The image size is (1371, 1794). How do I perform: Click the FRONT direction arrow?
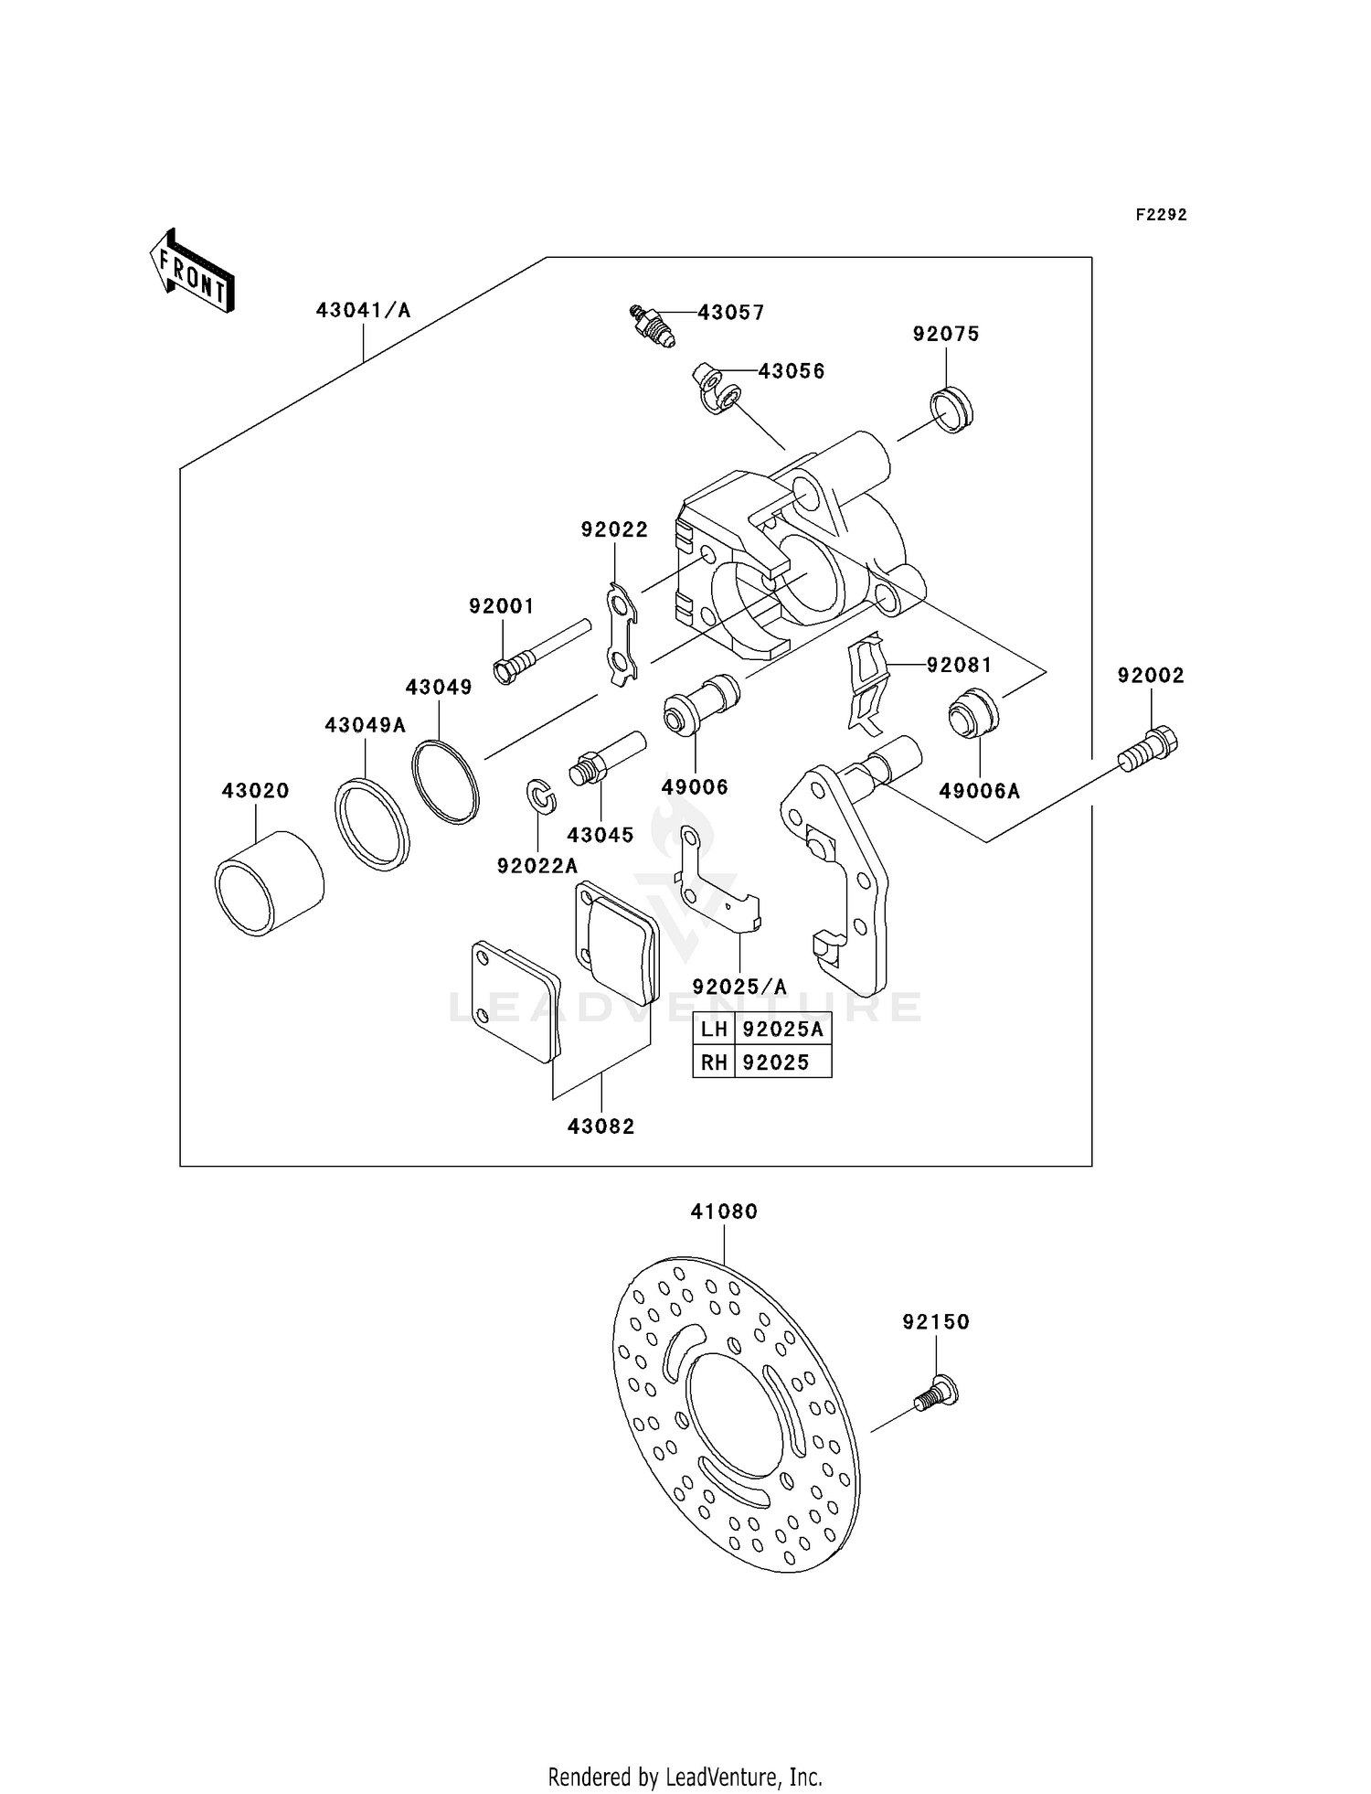click(x=193, y=272)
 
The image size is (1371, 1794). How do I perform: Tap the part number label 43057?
click(x=730, y=313)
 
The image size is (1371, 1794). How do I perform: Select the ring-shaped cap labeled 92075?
click(x=951, y=411)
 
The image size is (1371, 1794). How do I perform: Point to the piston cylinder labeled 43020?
click(x=269, y=884)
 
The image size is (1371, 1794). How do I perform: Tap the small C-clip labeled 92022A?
click(x=542, y=796)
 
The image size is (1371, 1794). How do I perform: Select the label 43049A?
click(x=365, y=725)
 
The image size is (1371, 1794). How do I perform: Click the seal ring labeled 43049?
click(x=445, y=783)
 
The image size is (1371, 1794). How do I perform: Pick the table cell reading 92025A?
click(x=782, y=1030)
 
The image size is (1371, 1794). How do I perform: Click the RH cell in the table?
click(x=714, y=1063)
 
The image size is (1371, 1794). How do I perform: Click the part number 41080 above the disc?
click(x=724, y=1212)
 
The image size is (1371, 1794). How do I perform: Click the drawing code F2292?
click(x=1161, y=215)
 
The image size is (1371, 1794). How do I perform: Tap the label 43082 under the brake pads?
click(x=600, y=1127)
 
